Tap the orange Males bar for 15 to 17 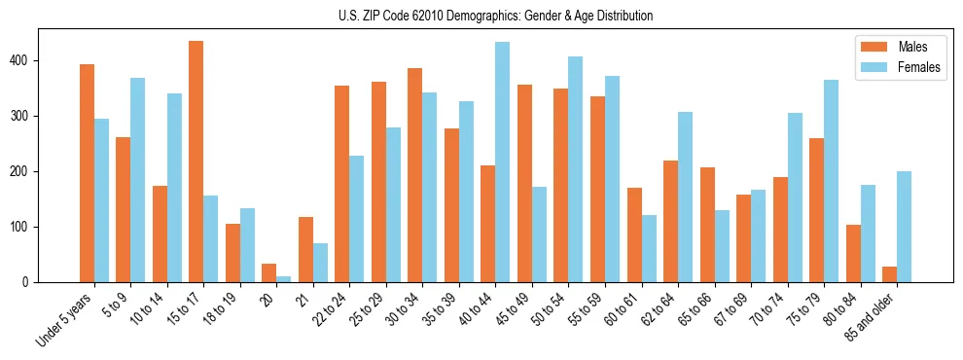pyautogui.click(x=196, y=162)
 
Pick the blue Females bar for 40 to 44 pyautogui.click(x=503, y=162)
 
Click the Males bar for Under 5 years pyautogui.click(x=87, y=173)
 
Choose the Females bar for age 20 pyautogui.click(x=284, y=279)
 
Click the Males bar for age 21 pyautogui.click(x=305, y=249)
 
